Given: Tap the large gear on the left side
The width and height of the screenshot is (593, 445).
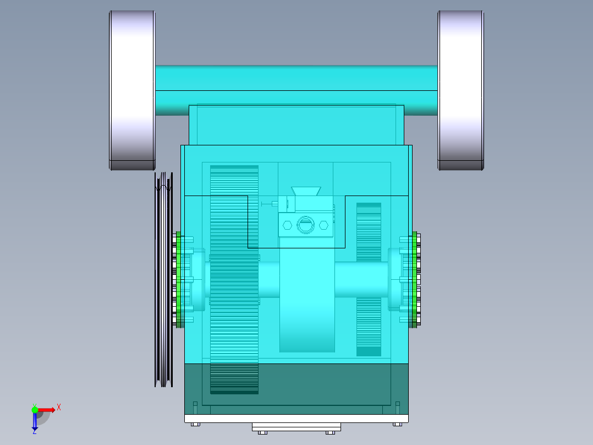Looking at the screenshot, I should click(234, 275).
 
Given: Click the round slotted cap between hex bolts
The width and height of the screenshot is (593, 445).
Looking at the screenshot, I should click(305, 225).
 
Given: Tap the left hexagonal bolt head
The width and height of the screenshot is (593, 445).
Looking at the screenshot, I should click(287, 225).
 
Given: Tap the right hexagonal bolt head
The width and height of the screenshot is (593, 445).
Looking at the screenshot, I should click(323, 225).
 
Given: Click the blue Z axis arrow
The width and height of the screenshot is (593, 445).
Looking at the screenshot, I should click(35, 421).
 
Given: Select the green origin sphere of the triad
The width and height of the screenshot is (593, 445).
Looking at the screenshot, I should click(35, 409).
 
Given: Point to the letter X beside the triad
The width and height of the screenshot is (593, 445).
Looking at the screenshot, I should click(59, 408).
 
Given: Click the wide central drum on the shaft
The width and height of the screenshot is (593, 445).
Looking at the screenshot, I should click(307, 308).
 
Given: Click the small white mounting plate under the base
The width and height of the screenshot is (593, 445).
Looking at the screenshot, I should click(296, 427).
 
